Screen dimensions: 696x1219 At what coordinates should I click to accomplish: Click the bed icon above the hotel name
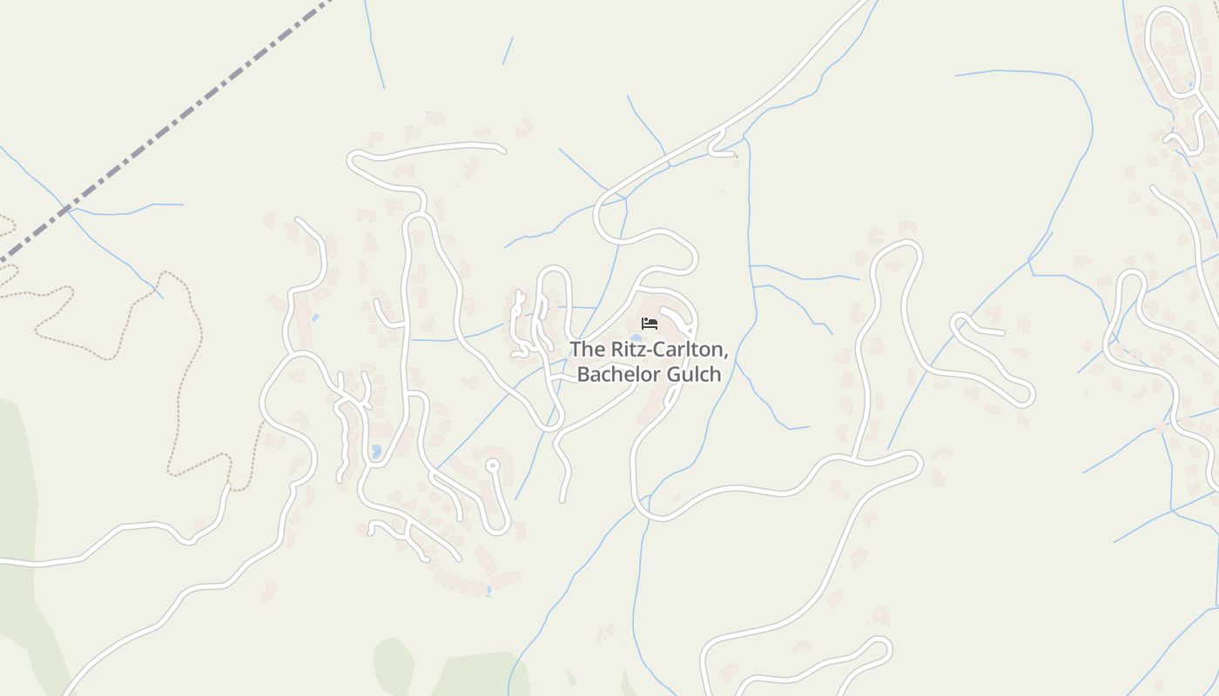[x=649, y=324]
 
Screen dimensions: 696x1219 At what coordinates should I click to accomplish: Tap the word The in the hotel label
[x=586, y=350]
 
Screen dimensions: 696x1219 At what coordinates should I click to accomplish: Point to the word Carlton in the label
[x=687, y=350]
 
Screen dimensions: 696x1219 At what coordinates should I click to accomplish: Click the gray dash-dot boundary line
[x=174, y=123]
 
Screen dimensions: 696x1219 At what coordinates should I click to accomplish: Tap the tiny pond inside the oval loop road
[x=1190, y=84]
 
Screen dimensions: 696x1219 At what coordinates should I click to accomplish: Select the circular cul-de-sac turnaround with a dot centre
[x=493, y=465]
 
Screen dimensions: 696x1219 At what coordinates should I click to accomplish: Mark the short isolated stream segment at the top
[x=507, y=50]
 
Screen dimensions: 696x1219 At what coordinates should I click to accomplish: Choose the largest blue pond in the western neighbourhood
[x=376, y=452]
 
